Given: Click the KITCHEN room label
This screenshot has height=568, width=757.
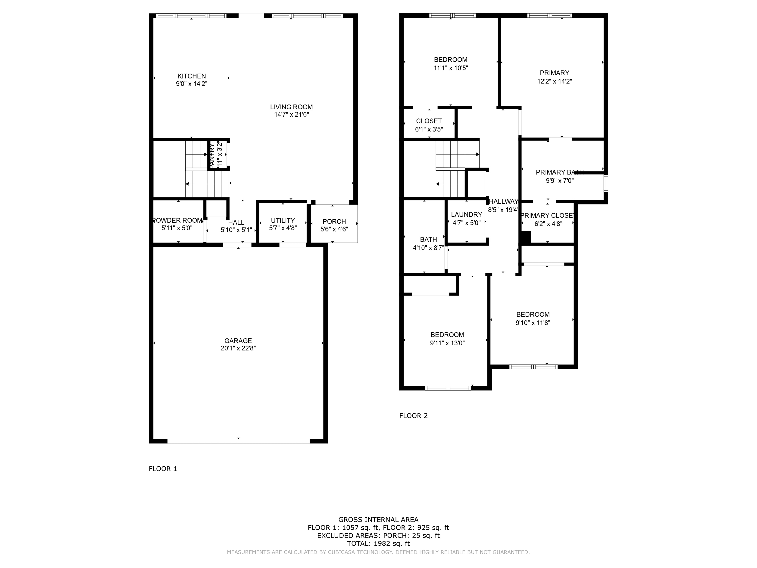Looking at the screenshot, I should coord(191,76).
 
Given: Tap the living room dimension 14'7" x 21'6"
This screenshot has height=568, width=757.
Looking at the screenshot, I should coord(291,115).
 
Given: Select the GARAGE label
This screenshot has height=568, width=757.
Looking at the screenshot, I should coord(238,341).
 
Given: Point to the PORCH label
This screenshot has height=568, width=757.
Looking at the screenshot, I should coord(334,221).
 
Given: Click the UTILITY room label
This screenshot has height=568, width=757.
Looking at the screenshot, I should coord(283,220).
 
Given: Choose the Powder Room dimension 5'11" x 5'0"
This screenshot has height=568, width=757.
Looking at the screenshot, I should coord(177,228).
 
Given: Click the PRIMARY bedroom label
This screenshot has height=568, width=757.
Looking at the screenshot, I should coord(554,73).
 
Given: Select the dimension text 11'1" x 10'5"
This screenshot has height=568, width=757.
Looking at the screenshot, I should coord(451,68).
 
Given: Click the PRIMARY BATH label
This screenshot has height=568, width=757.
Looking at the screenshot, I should coord(559,172).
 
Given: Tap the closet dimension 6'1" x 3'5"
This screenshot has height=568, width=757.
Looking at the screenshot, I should coord(429,130).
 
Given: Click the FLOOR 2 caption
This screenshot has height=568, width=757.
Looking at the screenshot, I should coord(413,416).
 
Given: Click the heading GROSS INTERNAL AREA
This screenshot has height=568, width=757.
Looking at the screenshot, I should coord(378,520).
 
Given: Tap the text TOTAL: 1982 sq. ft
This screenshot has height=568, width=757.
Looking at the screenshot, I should coord(378,543).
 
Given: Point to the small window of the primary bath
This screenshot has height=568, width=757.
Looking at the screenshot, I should coord(606,184).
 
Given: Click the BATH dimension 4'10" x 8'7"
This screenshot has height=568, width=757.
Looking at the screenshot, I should coord(428,248).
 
